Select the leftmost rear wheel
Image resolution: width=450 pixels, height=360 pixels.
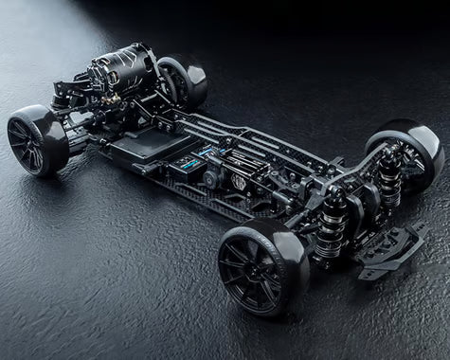coord(36,140)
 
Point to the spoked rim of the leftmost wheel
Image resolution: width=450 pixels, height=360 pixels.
coord(27,142)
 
